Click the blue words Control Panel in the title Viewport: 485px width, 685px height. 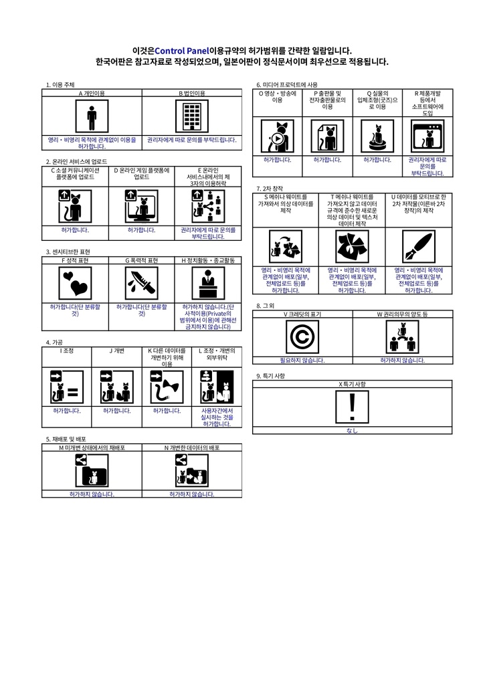point(181,50)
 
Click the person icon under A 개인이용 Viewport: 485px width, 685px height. point(92,118)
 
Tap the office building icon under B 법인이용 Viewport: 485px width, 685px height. point(192,118)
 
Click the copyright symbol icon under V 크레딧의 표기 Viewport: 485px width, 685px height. point(302,337)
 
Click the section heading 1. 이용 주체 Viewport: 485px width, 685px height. point(60,85)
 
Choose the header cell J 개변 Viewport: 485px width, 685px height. point(116,350)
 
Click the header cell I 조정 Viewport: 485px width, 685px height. point(66,350)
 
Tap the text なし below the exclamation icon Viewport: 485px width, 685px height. point(353,431)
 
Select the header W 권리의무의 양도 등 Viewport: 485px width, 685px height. point(402,314)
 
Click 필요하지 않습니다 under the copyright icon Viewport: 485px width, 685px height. point(302,361)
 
